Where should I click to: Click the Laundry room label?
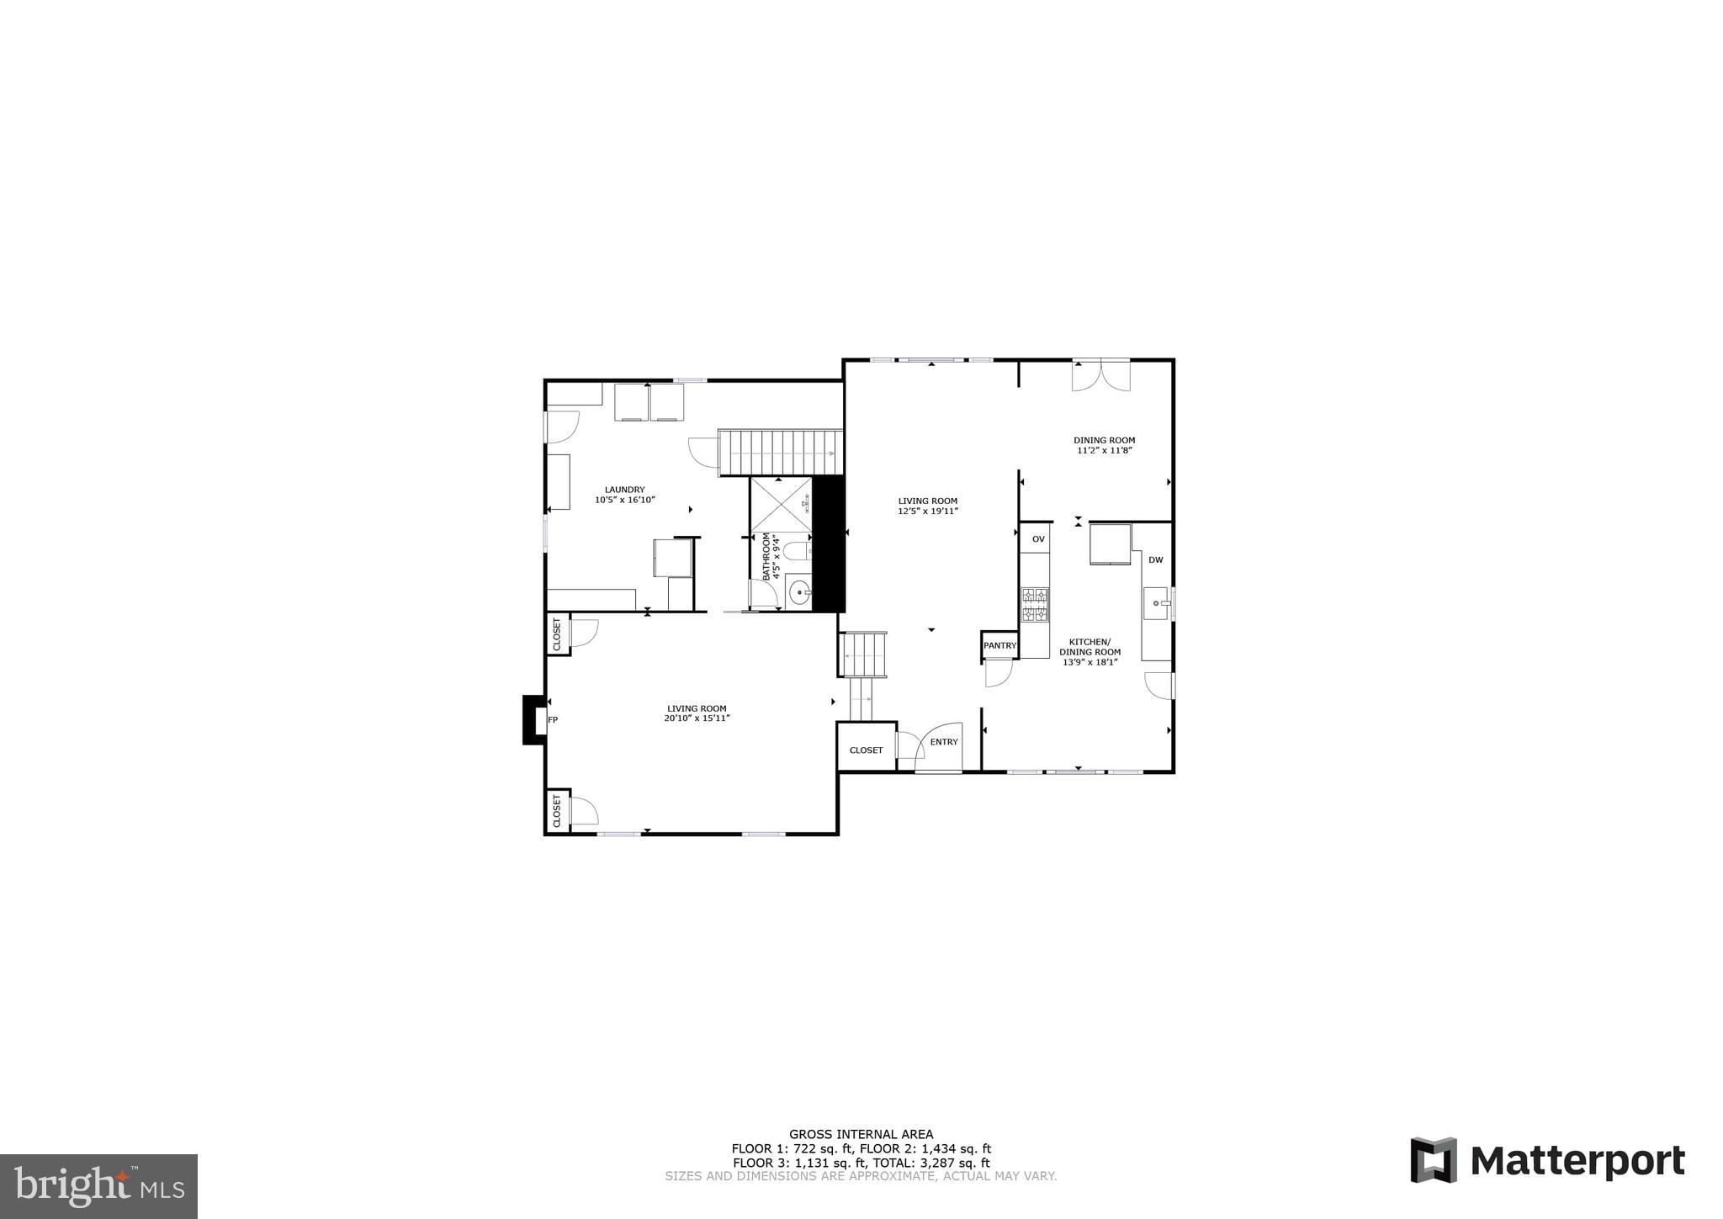click(x=624, y=490)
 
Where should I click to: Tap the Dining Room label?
click(x=1104, y=440)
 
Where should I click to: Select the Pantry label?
click(x=999, y=645)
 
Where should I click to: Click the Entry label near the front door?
click(x=944, y=742)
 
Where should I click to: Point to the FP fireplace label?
click(x=553, y=720)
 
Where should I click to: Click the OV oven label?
click(x=1038, y=539)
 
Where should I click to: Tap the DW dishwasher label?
click(x=1155, y=560)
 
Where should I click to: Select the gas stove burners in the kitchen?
click(x=1036, y=605)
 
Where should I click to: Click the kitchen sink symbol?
click(x=1155, y=603)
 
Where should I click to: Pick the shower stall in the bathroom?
click(x=781, y=505)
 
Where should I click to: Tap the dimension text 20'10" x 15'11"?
click(x=697, y=718)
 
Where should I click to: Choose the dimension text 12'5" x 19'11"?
click(x=927, y=511)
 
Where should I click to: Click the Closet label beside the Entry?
click(x=866, y=750)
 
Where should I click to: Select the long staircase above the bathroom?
click(x=780, y=453)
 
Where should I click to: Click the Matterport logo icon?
click(x=1433, y=1160)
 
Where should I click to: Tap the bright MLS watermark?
click(x=99, y=1186)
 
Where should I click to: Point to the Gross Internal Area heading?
click(x=861, y=1134)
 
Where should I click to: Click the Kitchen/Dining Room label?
click(x=1089, y=646)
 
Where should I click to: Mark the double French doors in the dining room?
click(x=1100, y=375)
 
